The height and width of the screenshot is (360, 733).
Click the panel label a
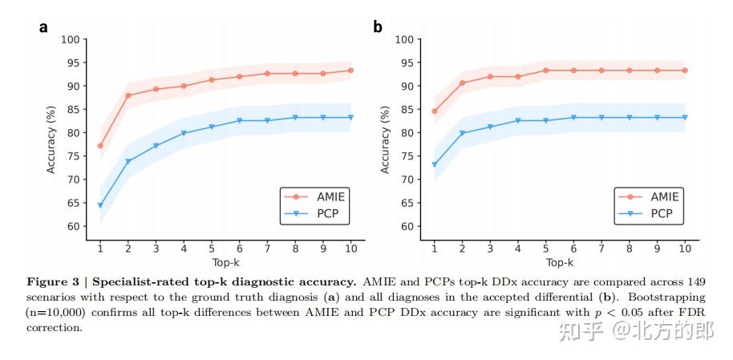[x=43, y=27]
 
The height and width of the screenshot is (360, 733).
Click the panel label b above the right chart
[x=377, y=27]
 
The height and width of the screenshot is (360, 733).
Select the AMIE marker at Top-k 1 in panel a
[x=100, y=146]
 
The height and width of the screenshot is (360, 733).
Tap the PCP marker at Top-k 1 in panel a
[x=100, y=206]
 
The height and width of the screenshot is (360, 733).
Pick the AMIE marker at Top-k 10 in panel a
[x=351, y=71]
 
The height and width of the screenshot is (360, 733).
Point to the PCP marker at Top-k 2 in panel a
[x=128, y=162]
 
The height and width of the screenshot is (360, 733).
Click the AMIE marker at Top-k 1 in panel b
[x=435, y=111]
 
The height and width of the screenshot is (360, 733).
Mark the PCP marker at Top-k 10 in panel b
[x=685, y=118]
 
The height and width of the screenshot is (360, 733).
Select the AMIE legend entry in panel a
[x=317, y=196]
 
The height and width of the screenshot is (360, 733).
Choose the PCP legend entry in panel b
[x=650, y=214]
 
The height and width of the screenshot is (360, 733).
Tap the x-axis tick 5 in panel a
[x=212, y=249]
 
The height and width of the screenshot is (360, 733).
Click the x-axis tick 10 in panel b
[x=685, y=249]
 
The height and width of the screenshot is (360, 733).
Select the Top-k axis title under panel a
[x=225, y=262]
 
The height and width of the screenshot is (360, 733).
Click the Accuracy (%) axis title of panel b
[x=385, y=133]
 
